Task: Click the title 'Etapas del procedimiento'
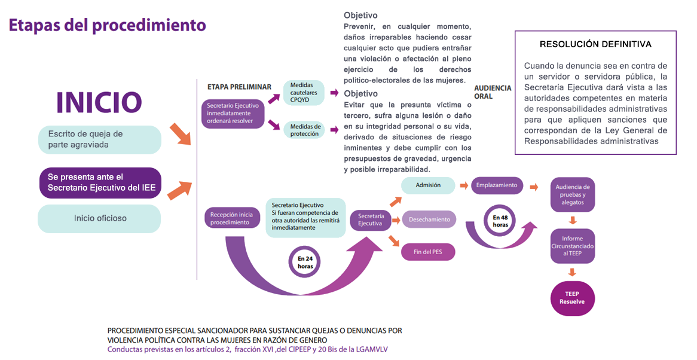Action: pos(107,25)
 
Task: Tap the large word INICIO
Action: pos(99,102)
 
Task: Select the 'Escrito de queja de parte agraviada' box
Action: pos(100,139)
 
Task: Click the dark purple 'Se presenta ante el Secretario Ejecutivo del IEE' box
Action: pos(100,182)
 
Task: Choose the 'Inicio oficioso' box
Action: pos(99,219)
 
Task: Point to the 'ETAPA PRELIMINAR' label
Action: pos(239,87)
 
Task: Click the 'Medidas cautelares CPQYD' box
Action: pos(304,93)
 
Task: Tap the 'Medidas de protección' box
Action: pos(304,130)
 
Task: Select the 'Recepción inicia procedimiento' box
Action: pos(231,218)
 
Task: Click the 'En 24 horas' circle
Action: pos(305,262)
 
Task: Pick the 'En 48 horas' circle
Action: pos(500,221)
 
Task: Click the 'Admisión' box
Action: pos(428,185)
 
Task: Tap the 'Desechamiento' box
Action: pos(429,219)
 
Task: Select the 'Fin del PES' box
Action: pos(428,252)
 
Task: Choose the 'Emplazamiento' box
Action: pos(497,185)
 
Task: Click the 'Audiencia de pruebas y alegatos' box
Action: pos(573,195)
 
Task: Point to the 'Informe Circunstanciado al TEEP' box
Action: pos(573,246)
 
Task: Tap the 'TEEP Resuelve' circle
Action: pos(573,298)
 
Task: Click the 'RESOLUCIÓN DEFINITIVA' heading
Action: pos(595,44)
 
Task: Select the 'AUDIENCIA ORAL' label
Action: pos(493,92)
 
